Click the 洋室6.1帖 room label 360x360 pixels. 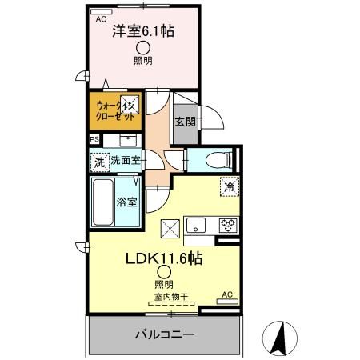[144, 31]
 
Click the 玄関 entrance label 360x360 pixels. [185, 122]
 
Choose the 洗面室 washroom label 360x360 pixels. [126, 160]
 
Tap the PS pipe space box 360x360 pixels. [94, 139]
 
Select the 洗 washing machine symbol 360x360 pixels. [99, 162]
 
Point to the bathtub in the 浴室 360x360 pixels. [103, 203]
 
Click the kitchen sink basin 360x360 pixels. [196, 225]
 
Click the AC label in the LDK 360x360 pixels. [226, 294]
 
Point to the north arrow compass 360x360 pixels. [280, 337]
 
